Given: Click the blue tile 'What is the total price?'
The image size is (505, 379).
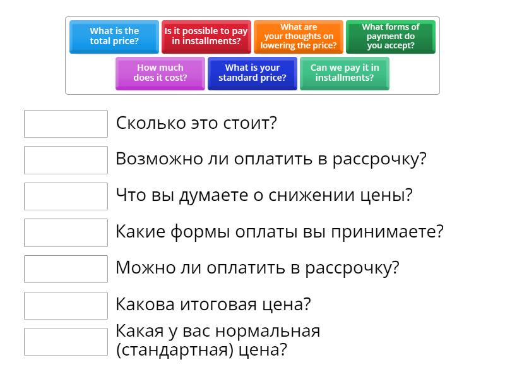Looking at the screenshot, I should coord(114,36).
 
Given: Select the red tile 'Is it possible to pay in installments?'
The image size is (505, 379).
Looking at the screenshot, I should coord(206,36).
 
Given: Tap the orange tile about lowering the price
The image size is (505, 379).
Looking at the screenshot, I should coord(299,36).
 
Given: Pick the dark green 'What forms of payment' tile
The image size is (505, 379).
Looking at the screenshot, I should coord(391,36).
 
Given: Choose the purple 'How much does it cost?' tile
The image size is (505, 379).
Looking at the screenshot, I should coord(160,73).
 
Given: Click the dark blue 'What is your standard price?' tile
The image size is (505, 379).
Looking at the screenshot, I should coord(252,73).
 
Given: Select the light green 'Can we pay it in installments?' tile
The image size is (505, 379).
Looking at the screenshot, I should coord(345,73).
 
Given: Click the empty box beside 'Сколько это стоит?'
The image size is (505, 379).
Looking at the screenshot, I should coord(66,124).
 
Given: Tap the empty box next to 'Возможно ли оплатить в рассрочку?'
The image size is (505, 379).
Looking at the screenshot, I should coord(66,160).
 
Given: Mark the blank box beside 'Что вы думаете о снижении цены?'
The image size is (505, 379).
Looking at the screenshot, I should coord(66,196).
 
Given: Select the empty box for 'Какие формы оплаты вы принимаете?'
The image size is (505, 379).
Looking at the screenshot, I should coord(66,232).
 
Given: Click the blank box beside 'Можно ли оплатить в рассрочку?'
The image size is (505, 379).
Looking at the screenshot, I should coord(66,268).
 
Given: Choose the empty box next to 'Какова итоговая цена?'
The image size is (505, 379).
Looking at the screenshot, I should coord(66,305).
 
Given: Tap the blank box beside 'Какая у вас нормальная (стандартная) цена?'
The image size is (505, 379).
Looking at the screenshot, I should coord(66,341).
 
